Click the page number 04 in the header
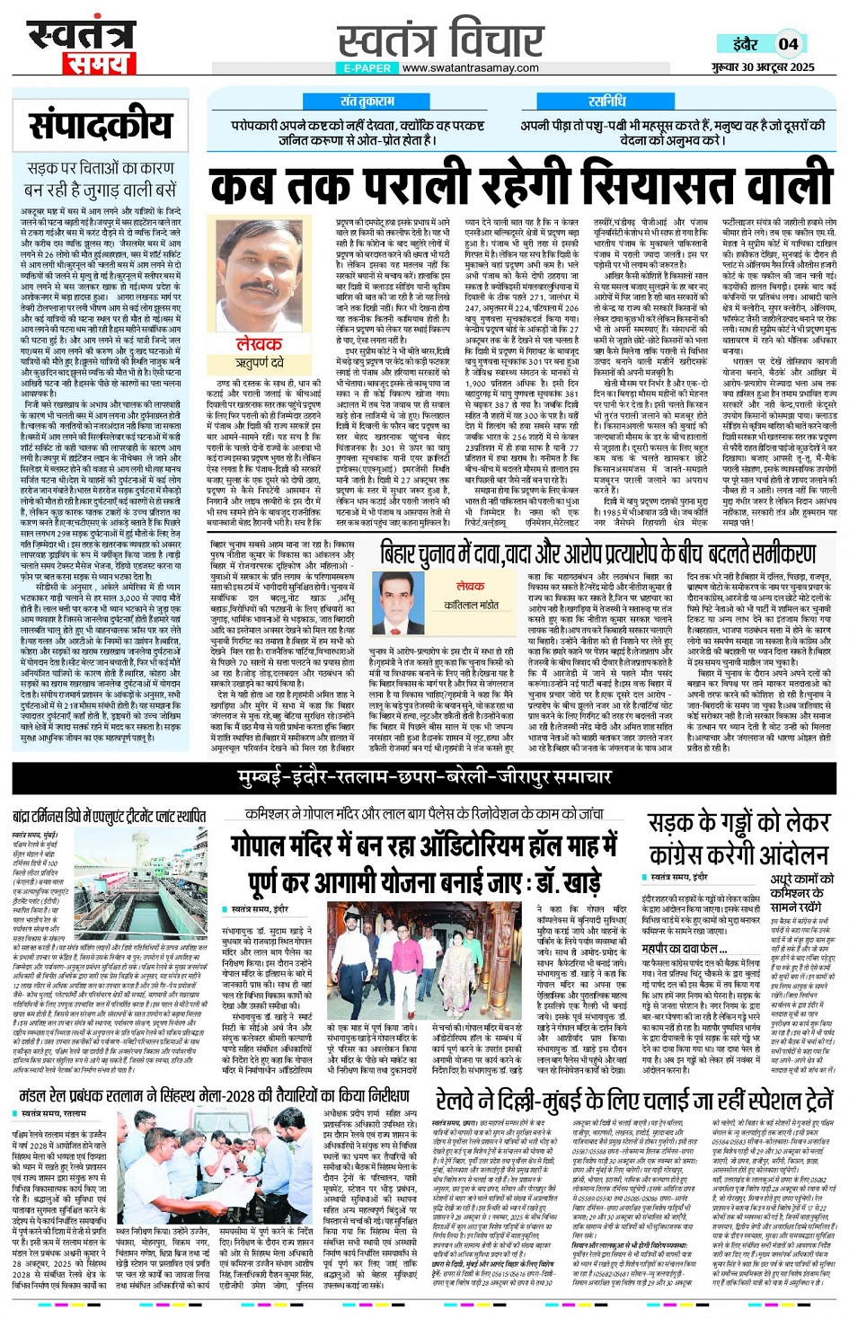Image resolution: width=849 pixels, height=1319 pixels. coord(788,44)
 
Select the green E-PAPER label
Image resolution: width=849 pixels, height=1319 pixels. coord(367,67)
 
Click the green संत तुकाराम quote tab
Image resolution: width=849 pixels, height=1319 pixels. coord(367,102)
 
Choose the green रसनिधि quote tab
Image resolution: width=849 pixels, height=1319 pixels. coord(609,102)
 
